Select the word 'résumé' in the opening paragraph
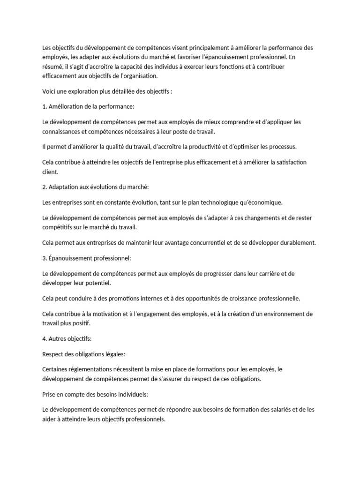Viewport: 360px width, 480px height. coord(52,67)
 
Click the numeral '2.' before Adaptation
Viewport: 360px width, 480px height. coord(45,187)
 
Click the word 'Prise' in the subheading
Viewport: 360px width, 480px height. coord(49,394)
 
